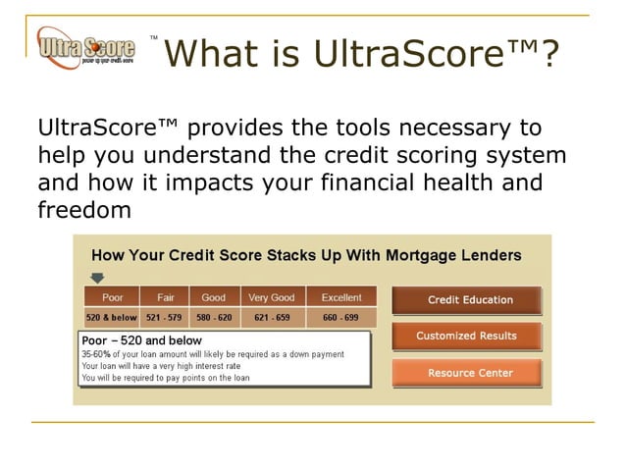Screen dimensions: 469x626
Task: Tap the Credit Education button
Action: point(466,299)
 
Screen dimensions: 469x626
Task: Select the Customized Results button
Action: point(466,336)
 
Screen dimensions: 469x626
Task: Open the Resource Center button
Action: point(466,373)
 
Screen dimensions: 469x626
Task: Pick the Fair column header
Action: point(164,297)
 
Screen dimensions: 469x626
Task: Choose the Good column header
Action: point(213,297)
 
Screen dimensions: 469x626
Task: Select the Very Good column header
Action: point(271,297)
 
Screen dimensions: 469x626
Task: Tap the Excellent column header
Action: point(340,297)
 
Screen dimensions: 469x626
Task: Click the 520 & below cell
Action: point(111,318)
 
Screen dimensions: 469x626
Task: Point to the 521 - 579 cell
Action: point(163,318)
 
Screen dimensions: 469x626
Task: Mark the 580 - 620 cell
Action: point(213,318)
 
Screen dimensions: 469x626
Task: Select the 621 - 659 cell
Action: point(271,318)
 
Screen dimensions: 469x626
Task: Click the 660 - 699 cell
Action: point(340,318)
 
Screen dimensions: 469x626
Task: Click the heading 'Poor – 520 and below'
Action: point(141,340)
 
